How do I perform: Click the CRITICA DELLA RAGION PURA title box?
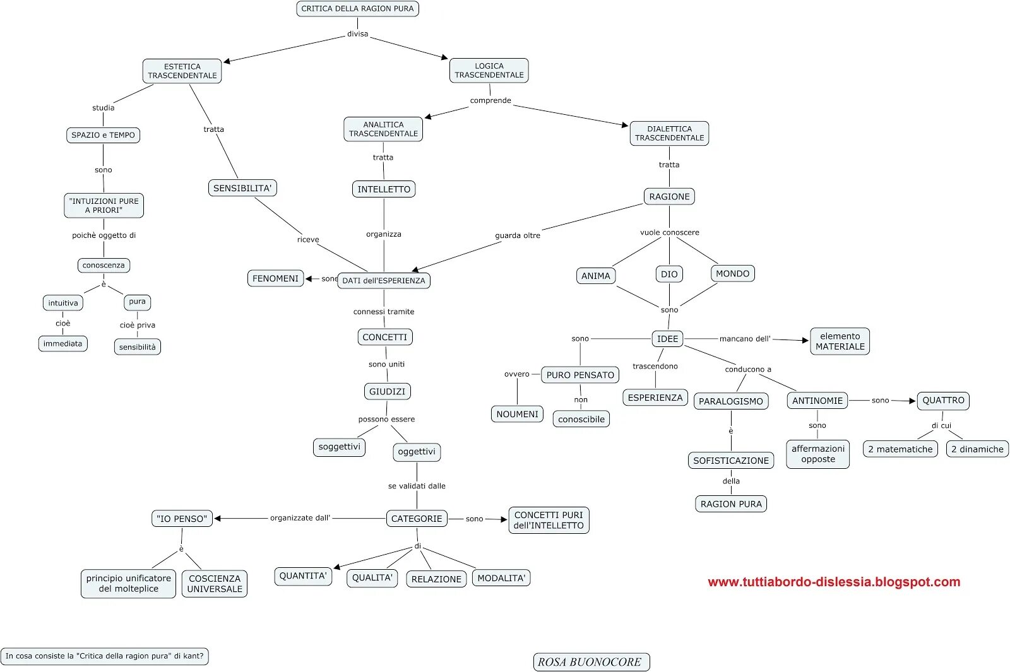coord(357,9)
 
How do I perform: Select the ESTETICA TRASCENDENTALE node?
coord(182,71)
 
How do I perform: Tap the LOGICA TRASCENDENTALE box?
coord(489,70)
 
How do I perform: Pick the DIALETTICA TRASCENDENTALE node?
coord(669,133)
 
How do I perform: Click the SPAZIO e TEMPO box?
coord(103,135)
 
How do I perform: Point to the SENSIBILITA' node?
coord(242,188)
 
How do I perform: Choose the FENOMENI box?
coord(275,278)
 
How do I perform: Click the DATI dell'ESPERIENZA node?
coord(384,281)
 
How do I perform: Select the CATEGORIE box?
coord(417,519)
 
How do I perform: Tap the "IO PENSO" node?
coord(182,519)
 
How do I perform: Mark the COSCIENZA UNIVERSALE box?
coord(215,584)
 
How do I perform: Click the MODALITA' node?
coord(501,578)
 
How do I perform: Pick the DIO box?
coord(669,274)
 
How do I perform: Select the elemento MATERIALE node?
coord(840,341)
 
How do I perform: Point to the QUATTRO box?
coord(943,401)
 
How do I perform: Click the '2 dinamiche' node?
coord(977,449)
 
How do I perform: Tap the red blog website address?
coord(834,582)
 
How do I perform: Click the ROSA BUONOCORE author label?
coord(591,662)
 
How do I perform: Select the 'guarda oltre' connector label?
coord(518,235)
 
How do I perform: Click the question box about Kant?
coord(105,656)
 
